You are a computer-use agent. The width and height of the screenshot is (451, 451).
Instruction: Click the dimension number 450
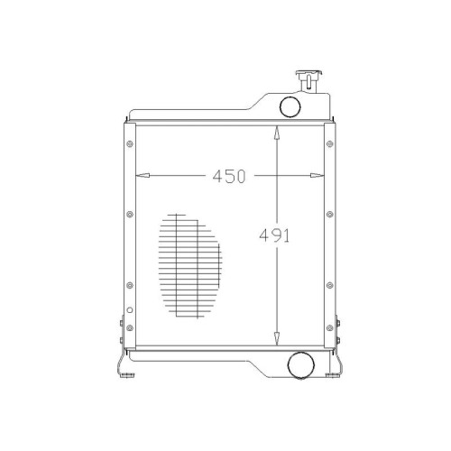[x=229, y=176]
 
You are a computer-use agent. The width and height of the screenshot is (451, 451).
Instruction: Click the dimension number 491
[x=274, y=235]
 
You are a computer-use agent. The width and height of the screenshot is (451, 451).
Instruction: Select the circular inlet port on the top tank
[x=290, y=106]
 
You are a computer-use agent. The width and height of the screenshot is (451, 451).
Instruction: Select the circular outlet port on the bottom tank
[x=301, y=365]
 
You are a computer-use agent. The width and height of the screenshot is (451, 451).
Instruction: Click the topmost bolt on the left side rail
[x=130, y=143]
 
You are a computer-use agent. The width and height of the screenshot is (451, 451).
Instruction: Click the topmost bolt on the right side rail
[x=330, y=143]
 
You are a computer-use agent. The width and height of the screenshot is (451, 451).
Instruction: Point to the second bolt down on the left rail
[x=130, y=214]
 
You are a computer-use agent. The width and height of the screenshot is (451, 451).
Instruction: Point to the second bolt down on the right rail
[x=330, y=214]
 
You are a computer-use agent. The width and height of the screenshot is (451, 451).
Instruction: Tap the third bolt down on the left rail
[x=130, y=285]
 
